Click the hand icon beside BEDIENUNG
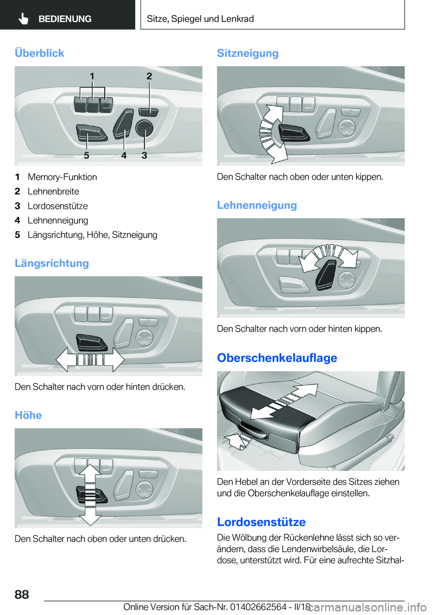pos(24,19)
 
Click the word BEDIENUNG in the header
pos(65,19)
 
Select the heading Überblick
pos(39,53)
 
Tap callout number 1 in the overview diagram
pos(92,76)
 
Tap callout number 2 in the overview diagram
pos(149,76)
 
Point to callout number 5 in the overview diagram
pos(86,155)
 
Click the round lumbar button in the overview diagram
pos(144,128)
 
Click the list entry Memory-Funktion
pos(62,177)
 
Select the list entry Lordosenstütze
pos(57,206)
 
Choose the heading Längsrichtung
pos(52,263)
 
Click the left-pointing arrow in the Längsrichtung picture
pos(66,359)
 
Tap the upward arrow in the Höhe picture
pos(90,475)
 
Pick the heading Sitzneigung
pos(247,53)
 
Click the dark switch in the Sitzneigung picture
pos(293,133)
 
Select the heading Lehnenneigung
pos(257,205)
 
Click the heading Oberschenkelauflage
pos(277,358)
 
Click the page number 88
pos(22,594)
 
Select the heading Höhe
pos(28,415)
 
